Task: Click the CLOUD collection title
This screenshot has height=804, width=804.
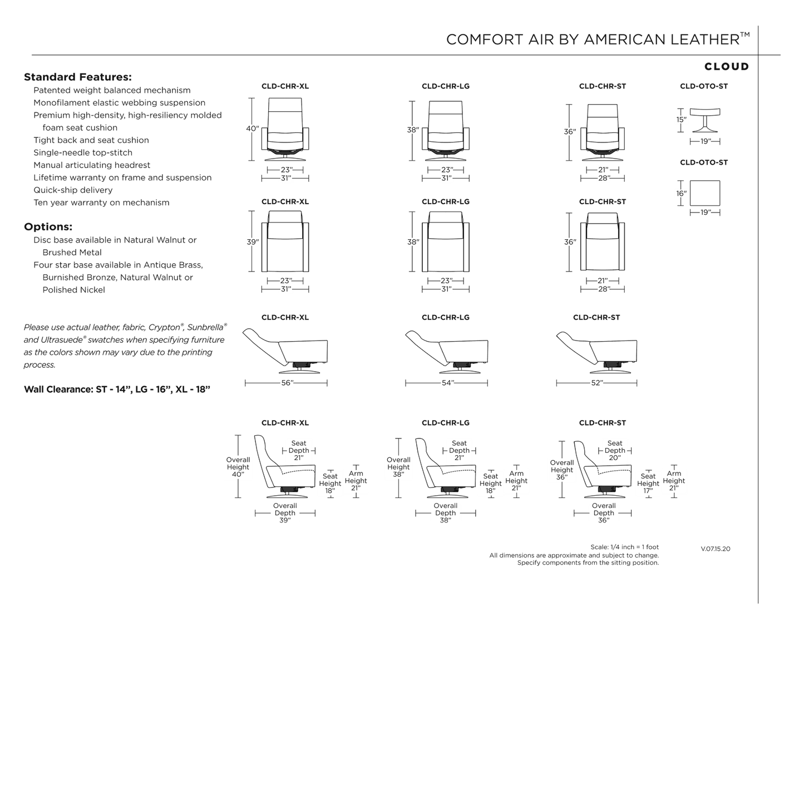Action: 726,67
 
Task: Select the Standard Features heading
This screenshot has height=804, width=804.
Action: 78,77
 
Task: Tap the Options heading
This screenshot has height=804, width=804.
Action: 48,227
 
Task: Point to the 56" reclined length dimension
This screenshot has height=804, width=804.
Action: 287,383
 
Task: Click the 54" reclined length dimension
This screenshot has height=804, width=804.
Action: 447,383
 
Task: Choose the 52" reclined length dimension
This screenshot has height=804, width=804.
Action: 597,383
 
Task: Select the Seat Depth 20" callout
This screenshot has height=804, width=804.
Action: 615,450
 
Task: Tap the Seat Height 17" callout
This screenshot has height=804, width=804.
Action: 648,484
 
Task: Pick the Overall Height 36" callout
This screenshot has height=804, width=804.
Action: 561,470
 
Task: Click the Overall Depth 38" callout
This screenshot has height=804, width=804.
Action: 445,513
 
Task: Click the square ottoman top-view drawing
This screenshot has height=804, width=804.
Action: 705,193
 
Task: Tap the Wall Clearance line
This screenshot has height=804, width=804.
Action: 117,389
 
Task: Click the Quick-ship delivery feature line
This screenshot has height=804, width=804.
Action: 73,190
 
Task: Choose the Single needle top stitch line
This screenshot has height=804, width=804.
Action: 83,152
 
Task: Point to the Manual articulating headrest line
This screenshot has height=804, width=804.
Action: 92,165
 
